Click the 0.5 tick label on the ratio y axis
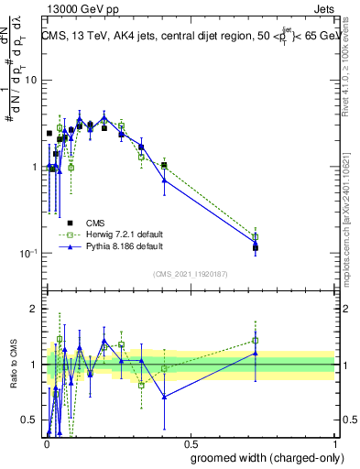coord(29,420)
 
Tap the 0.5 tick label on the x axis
coord(191,442)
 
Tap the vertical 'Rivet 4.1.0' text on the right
coord(346,69)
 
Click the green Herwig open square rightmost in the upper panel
coord(256,236)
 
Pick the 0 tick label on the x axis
coord(47,442)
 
